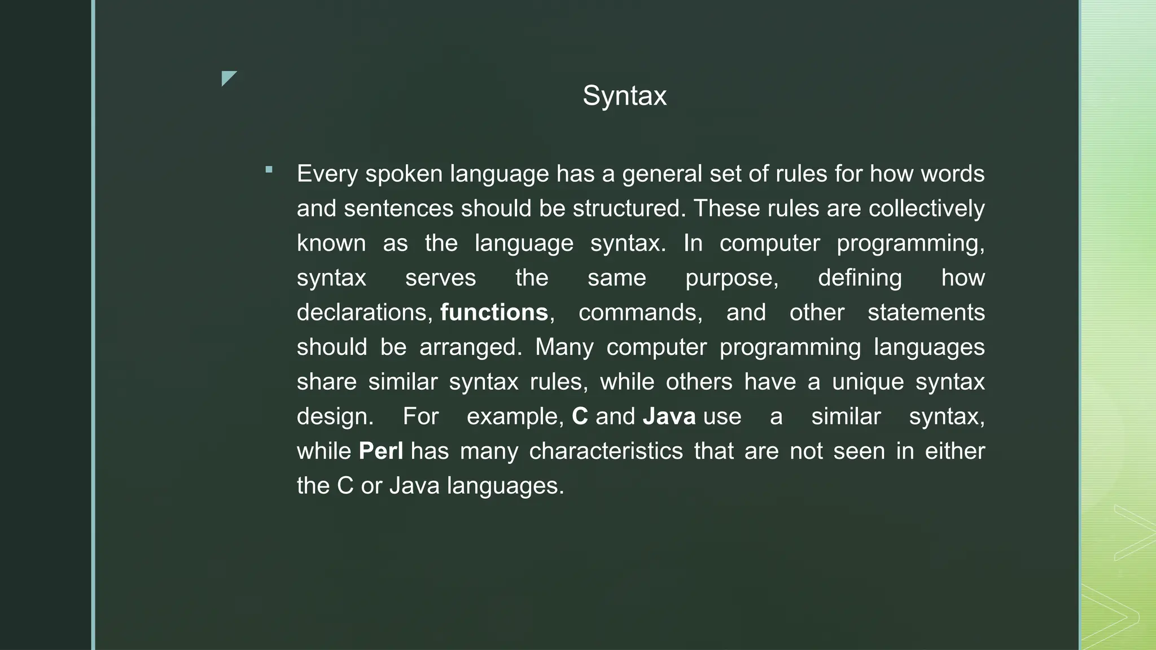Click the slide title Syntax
pyautogui.click(x=624, y=96)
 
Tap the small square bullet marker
pyautogui.click(x=269, y=169)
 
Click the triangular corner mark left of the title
pyautogui.click(x=228, y=78)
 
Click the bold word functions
pyautogui.click(x=494, y=313)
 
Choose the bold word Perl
pyautogui.click(x=381, y=451)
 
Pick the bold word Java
pyautogui.click(x=669, y=417)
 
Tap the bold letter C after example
pyautogui.click(x=580, y=417)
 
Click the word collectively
pyautogui.click(x=926, y=209)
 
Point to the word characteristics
pyautogui.click(x=606, y=451)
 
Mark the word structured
pyautogui.click(x=629, y=209)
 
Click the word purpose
pyautogui.click(x=732, y=278)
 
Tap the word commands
pyautogui.click(x=640, y=313)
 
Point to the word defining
pyautogui.click(x=860, y=278)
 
